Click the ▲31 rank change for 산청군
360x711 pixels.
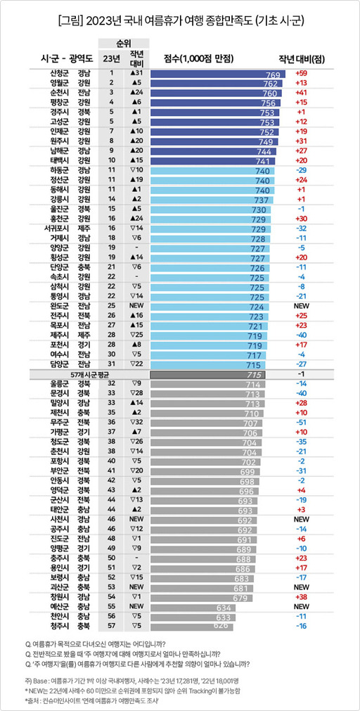(137, 74)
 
